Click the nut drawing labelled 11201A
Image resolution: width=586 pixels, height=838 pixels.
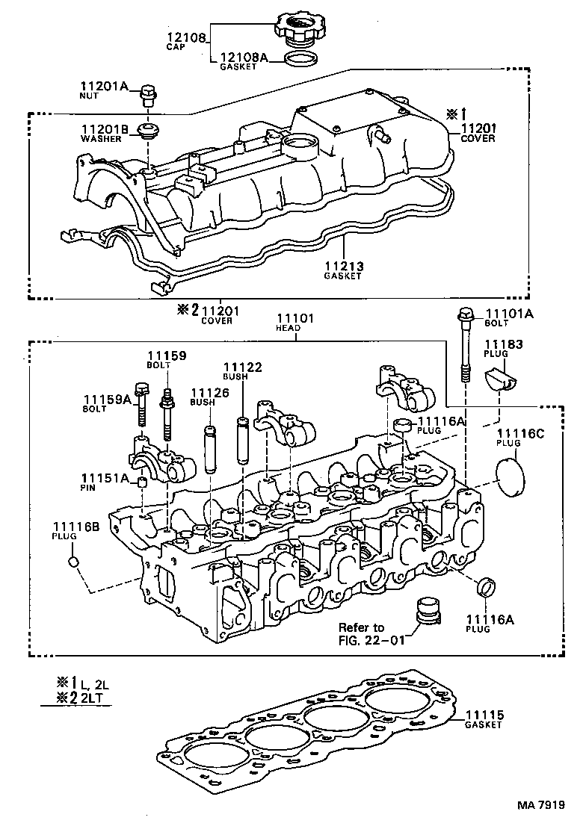[x=147, y=95]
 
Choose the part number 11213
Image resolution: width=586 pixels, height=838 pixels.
[x=342, y=267]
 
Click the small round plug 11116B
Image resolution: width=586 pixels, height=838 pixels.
[x=73, y=561]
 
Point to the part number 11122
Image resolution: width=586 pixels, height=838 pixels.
[x=243, y=367]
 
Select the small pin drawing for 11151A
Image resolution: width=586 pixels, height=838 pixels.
[x=141, y=481]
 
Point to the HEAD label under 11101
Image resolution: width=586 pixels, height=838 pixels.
[x=289, y=328]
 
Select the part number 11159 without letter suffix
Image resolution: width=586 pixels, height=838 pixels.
[x=166, y=356]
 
